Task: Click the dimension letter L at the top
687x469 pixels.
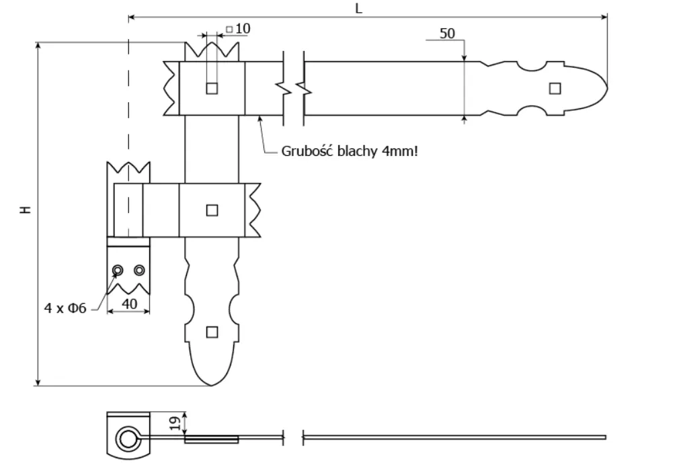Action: (358, 8)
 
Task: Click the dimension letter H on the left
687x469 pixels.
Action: (26, 210)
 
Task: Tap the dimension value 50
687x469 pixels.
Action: (447, 34)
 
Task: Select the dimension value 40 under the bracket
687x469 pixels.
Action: (129, 304)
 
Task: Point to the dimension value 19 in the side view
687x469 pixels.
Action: (175, 423)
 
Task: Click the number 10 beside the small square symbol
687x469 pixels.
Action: (243, 28)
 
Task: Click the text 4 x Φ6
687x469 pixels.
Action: (65, 308)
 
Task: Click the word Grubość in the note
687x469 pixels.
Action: (307, 151)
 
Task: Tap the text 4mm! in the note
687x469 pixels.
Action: (400, 151)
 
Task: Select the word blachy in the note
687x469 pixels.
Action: (358, 151)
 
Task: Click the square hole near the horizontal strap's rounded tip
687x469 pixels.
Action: (555, 89)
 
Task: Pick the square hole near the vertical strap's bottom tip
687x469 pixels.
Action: (212, 332)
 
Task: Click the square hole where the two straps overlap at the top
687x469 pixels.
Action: (212, 89)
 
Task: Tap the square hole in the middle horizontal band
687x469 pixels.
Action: (212, 210)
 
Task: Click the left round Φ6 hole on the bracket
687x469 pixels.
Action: (118, 270)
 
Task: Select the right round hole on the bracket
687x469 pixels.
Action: (139, 270)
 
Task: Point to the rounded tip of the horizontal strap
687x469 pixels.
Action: (607, 88)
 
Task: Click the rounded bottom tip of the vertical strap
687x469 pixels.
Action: (212, 385)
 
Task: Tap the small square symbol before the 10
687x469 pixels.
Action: (229, 30)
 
